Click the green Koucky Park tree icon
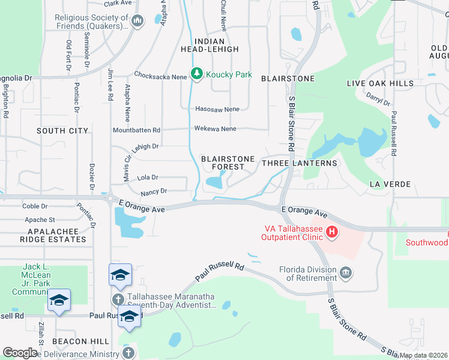point(196,74)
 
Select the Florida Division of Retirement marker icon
point(346,274)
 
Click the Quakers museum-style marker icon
point(137,22)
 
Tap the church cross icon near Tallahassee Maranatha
point(118,299)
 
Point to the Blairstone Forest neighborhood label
point(223,163)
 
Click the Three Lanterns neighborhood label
point(300,163)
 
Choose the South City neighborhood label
point(62,131)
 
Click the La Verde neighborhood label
point(390,184)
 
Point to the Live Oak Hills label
point(379,83)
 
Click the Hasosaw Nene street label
point(217,109)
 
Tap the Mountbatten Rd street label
point(136,130)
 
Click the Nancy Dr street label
point(153,191)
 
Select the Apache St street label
point(39,220)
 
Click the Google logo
point(20,353)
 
